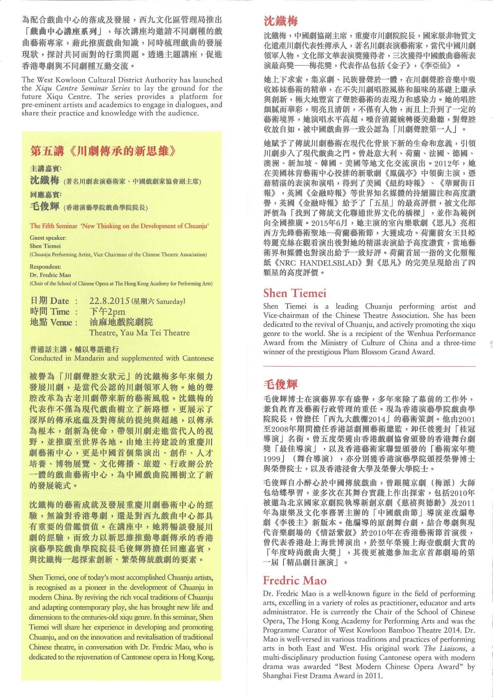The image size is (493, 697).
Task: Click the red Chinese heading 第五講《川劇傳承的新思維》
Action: [103, 151]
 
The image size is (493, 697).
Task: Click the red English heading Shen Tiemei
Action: [294, 293]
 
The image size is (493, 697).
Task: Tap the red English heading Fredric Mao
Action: [294, 580]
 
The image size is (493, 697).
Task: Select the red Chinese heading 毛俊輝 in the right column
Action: [280, 384]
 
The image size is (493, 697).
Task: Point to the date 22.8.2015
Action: [109, 301]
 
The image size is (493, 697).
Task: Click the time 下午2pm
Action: [107, 312]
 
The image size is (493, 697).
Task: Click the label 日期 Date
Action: [50, 301]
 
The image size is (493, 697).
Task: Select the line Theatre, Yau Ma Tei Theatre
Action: [139, 333]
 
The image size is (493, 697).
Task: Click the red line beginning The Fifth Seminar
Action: [119, 226]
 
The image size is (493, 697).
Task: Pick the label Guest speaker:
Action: [48, 238]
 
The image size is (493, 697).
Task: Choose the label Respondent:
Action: [45, 267]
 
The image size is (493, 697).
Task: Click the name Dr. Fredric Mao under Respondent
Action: [50, 275]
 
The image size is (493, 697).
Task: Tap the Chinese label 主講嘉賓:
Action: [46, 169]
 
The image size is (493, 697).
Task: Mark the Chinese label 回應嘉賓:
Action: [46, 195]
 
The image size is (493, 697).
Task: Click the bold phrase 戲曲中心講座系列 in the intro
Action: [64, 31]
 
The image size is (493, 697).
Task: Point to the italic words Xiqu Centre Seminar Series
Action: [83, 88]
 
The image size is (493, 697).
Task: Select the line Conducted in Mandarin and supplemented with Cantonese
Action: [121, 358]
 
